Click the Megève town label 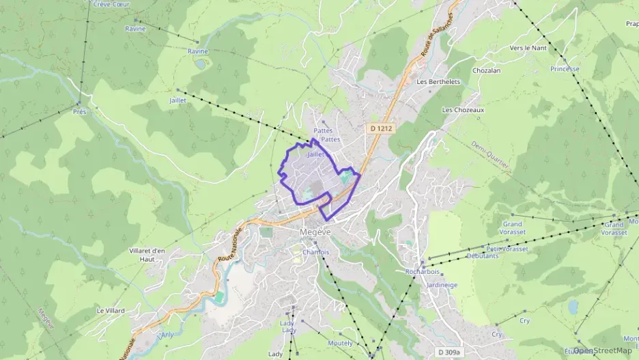315,232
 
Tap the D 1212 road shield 382,128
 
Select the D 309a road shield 449,352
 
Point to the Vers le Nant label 528,48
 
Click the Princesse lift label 565,69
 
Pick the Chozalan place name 486,70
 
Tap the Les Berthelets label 438,82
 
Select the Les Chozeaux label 463,109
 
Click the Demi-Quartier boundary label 491,158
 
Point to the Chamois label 315,252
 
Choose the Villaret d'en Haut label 147,254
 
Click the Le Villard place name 111,310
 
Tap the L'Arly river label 166,335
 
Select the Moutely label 340,343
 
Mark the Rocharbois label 422,271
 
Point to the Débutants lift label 482,255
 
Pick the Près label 79,111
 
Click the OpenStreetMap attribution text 602,350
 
